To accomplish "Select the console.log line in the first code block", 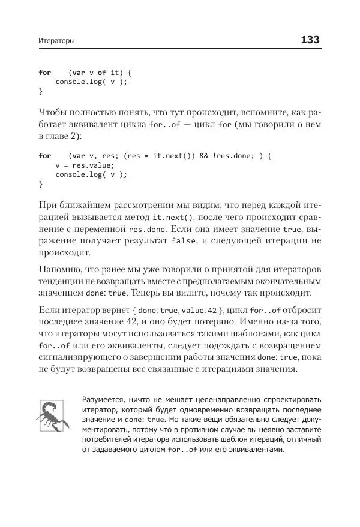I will click(x=91, y=82).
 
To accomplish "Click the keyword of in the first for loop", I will click(x=101, y=73).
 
